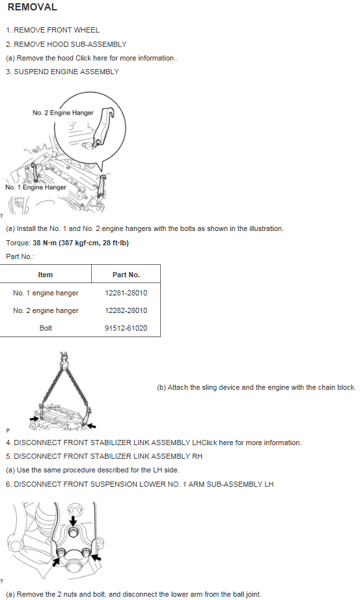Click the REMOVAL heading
[x=32, y=8]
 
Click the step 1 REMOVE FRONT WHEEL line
[x=53, y=30]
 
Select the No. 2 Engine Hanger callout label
[x=63, y=113]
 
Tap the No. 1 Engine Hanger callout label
[x=36, y=187]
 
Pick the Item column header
[x=46, y=275]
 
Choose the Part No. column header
[x=126, y=275]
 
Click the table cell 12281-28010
[x=126, y=293]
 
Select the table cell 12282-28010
[x=126, y=310]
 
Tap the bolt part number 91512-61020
[x=126, y=328]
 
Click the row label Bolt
[x=46, y=328]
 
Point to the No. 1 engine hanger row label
[x=46, y=293]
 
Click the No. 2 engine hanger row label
[x=46, y=310]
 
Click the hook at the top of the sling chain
[x=64, y=356]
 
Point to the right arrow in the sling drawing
[x=92, y=425]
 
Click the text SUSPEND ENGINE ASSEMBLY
[x=66, y=72]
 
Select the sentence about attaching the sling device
[x=256, y=387]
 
